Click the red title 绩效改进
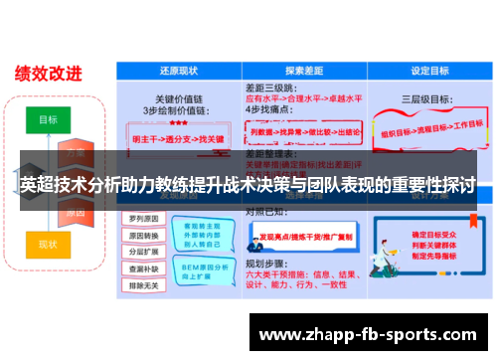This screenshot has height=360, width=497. point(49,74)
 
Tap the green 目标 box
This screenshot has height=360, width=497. point(48,118)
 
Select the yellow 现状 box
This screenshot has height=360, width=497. point(48,243)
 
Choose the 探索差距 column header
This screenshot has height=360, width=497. point(305,72)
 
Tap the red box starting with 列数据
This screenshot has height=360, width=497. point(304,130)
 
